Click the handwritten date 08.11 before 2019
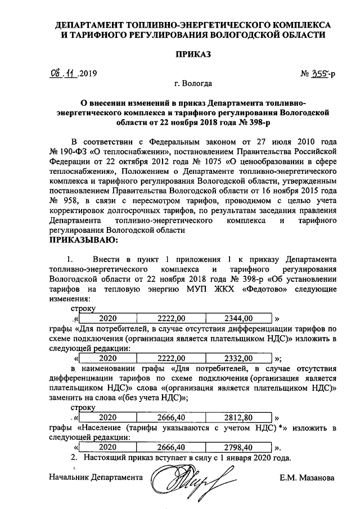point(63,74)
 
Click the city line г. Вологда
point(193,84)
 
